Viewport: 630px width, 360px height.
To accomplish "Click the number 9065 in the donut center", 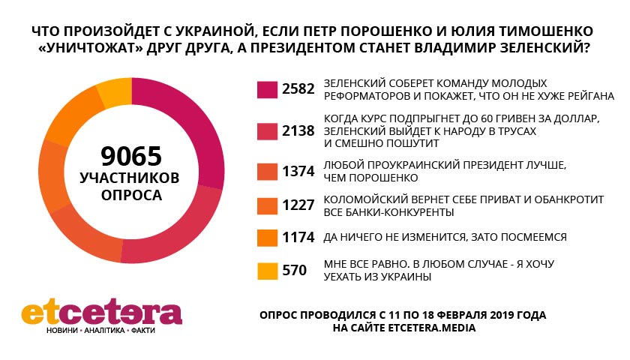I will pos(131,157).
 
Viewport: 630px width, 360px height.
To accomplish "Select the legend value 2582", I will pos(300,89).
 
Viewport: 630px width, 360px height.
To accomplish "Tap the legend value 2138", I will pos(300,130).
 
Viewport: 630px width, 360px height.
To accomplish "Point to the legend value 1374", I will pos(300,171).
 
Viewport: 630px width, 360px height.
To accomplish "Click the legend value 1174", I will pos(300,238).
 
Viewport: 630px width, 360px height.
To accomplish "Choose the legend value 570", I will pos(294,271).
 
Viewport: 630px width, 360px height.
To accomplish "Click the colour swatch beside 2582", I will pos(266,89).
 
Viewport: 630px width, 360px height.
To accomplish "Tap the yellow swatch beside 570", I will pos(266,271).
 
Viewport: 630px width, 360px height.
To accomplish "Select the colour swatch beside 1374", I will pos(266,171).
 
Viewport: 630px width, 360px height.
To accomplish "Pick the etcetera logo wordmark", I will pos(101,313).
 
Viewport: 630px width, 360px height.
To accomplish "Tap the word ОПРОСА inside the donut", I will pos(132,195).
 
